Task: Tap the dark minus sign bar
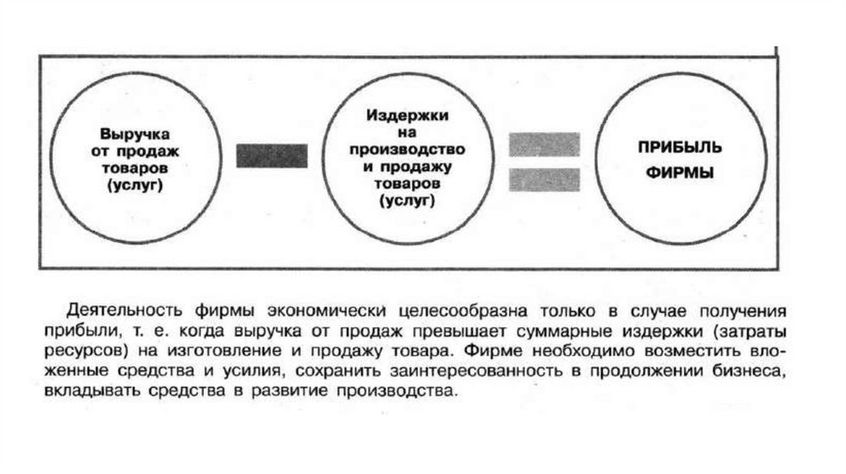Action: click(x=272, y=155)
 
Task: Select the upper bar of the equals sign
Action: click(x=544, y=145)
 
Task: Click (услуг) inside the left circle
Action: click(x=133, y=186)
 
